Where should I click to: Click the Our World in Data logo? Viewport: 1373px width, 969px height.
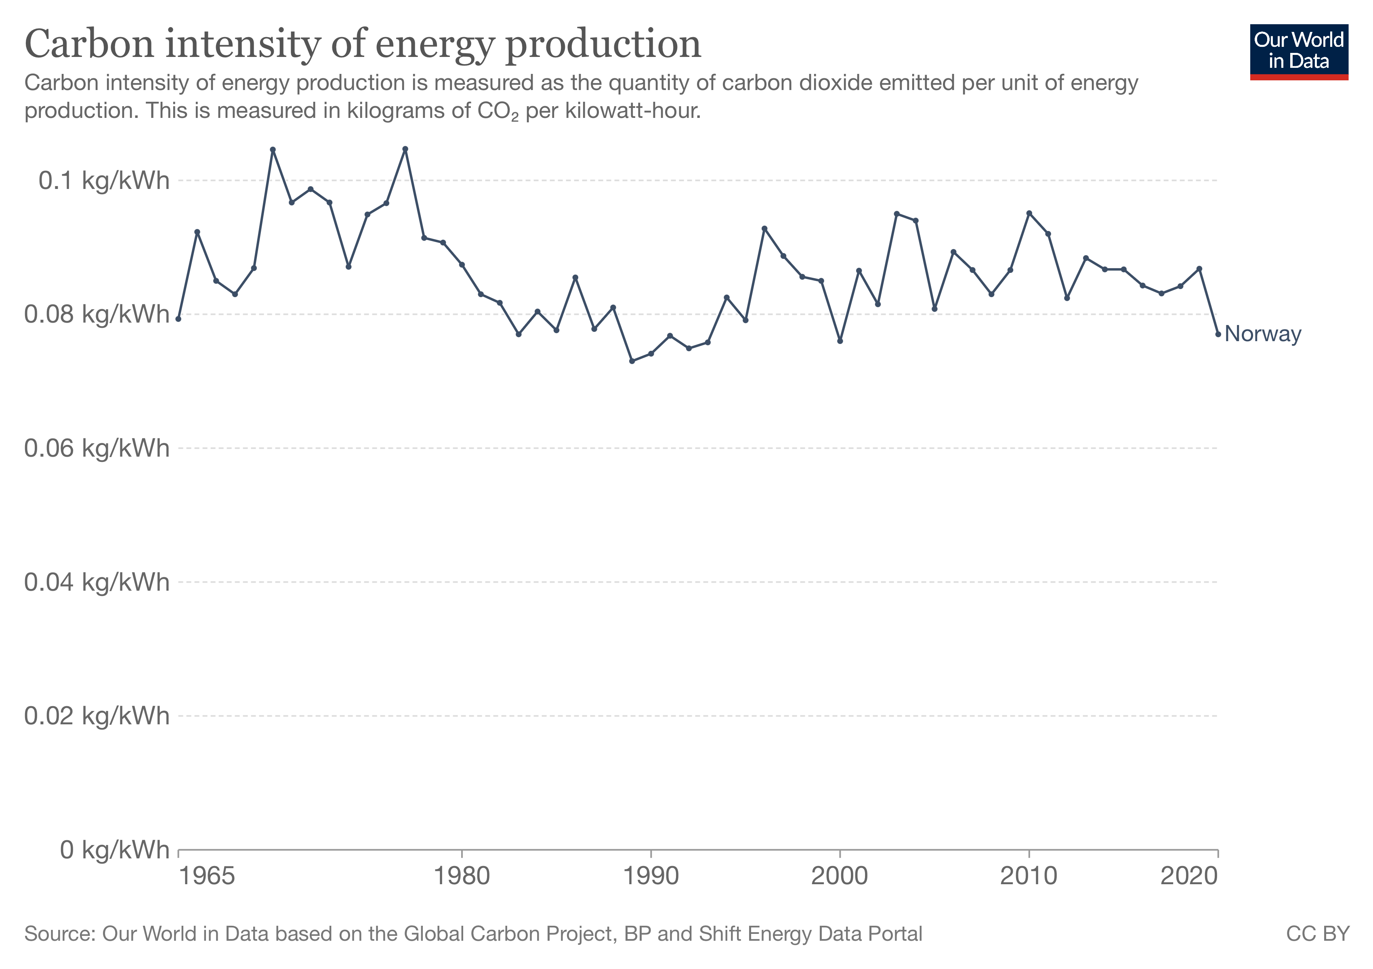click(1298, 51)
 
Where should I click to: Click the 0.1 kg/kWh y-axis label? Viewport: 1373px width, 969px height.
click(104, 180)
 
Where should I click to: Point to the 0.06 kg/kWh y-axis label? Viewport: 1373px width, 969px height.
click(97, 448)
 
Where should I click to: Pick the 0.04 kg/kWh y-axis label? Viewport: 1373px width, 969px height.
click(97, 582)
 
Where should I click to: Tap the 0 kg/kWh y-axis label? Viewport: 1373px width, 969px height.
click(114, 849)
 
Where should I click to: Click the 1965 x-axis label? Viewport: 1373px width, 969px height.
click(207, 877)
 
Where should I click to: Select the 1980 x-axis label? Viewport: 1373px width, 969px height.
click(462, 877)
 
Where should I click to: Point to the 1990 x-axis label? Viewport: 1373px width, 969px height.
click(651, 877)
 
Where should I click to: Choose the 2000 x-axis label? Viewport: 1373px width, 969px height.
click(840, 877)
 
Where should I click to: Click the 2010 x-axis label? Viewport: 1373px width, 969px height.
click(1029, 877)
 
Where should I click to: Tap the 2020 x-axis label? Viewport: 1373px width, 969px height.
click(1189, 877)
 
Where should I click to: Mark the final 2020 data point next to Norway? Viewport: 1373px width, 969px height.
click(1218, 334)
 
